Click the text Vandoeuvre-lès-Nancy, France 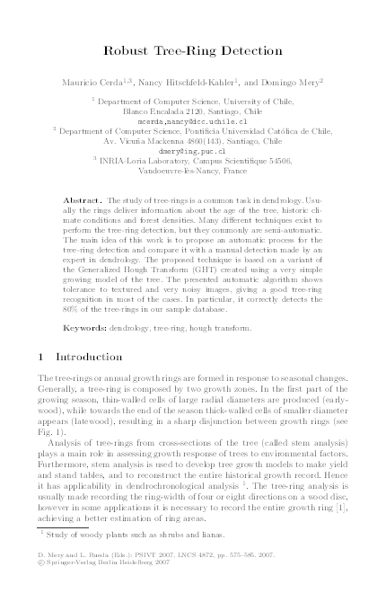click(192, 168)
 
